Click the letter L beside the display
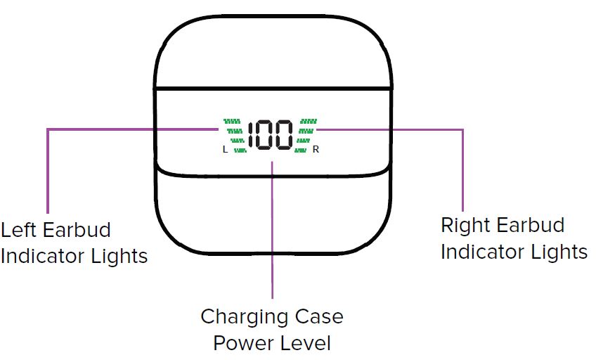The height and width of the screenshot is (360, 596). point(225,149)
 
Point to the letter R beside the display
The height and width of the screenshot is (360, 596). point(316,149)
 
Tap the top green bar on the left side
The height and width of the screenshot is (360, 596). point(233,121)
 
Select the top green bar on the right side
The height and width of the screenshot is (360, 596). point(309,121)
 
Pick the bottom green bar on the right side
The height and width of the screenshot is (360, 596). point(302,149)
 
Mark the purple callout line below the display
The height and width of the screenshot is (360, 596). point(272,232)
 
